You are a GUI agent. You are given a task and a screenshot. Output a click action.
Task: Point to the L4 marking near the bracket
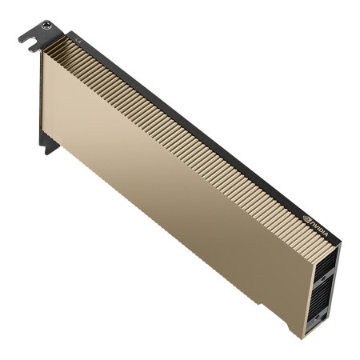[x=78, y=38]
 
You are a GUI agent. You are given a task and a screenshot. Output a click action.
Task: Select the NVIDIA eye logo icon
[x=307, y=215]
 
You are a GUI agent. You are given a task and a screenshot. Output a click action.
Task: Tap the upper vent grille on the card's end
[x=326, y=277]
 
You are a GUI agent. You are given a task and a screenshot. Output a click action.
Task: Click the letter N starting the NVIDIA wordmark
[x=312, y=219]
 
